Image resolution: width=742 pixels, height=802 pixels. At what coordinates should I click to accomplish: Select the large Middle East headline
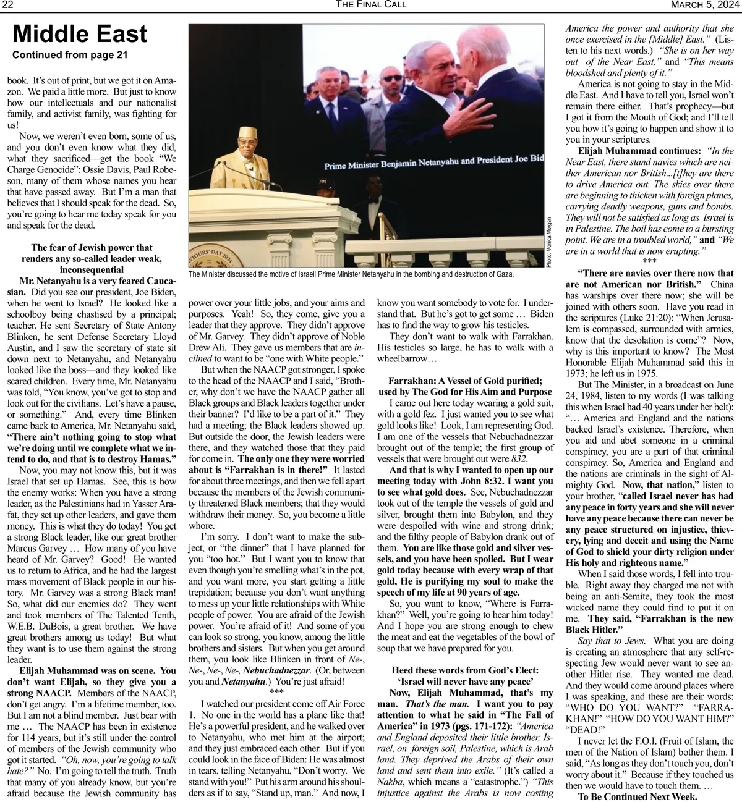80,35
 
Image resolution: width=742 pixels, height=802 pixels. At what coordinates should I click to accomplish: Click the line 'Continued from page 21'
70,55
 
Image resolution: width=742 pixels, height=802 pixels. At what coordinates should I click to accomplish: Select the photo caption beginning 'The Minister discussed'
351,274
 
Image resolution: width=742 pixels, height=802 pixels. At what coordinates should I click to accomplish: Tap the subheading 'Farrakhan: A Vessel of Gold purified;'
465,381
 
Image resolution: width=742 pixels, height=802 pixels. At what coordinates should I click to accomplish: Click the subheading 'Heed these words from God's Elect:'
464,670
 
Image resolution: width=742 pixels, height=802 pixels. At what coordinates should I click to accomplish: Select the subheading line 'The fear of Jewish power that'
92,248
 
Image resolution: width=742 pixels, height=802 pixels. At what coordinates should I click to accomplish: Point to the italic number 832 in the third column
519,458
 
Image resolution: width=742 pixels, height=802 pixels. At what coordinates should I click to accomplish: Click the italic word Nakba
390,782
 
